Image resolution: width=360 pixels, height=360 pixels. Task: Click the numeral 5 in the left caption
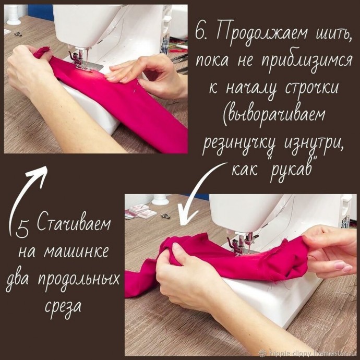pyautogui.click(x=22, y=227)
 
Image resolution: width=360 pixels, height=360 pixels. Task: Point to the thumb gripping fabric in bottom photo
pyautogui.click(x=176, y=255)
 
